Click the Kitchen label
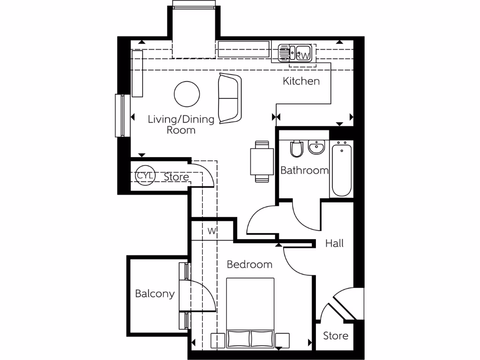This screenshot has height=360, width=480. [301, 81]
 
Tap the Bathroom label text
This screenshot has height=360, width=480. [304, 170]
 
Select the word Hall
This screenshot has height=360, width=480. [335, 243]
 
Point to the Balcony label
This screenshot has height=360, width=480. [155, 294]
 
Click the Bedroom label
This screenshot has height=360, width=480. [249, 264]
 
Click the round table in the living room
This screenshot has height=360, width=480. [187, 94]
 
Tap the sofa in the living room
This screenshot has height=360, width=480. [230, 98]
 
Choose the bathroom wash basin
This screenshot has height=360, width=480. [317, 148]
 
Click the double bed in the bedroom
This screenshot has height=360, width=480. [250, 312]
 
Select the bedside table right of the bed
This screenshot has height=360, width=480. [283, 340]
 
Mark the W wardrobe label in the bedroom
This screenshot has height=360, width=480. [212, 231]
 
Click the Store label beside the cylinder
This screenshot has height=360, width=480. [176, 177]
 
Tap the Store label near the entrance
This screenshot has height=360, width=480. [336, 336]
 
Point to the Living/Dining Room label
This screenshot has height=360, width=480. [181, 125]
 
